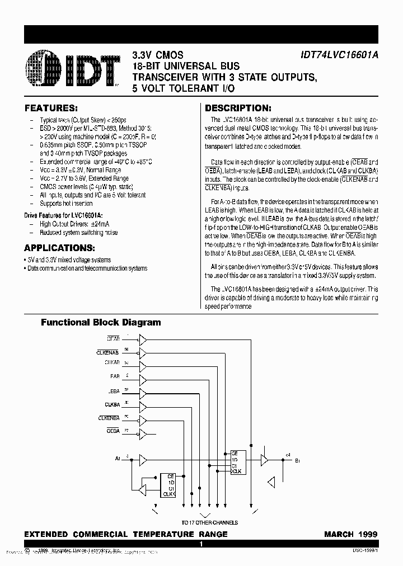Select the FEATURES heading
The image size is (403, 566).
51,108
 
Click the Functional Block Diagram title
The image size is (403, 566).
101,322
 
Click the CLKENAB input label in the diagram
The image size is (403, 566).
107,352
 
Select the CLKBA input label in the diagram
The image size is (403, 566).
112,404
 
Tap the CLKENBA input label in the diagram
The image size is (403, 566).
109,417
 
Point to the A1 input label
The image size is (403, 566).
118,459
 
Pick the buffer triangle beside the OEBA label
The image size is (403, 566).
143,431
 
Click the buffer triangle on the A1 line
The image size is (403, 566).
143,459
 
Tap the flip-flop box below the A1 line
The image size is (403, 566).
168,485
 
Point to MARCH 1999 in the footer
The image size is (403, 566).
351,534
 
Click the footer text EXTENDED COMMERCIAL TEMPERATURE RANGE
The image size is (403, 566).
126,534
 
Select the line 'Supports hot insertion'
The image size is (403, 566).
66,204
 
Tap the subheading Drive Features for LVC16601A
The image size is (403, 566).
63,215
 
